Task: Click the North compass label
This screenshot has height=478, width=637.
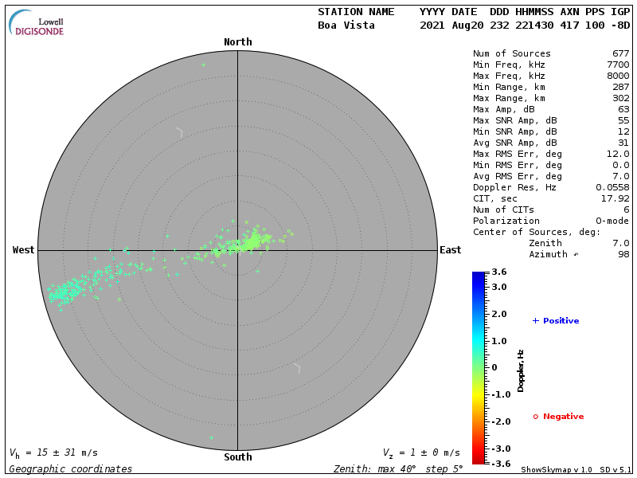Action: [237, 42]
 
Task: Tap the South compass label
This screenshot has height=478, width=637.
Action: [237, 457]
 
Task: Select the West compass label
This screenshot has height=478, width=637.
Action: [24, 250]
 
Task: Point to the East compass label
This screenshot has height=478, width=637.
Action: [451, 250]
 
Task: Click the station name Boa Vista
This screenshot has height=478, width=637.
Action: [346, 25]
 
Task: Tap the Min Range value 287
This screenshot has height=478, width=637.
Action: [620, 87]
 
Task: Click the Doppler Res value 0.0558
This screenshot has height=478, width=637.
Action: [612, 187]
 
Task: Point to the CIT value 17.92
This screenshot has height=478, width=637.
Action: [616, 198]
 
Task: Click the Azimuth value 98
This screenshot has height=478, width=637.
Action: [623, 254]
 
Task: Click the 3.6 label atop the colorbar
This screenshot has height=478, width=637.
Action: [499, 272]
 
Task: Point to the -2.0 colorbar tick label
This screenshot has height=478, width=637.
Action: [499, 421]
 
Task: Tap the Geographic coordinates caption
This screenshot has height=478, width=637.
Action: [71, 469]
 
